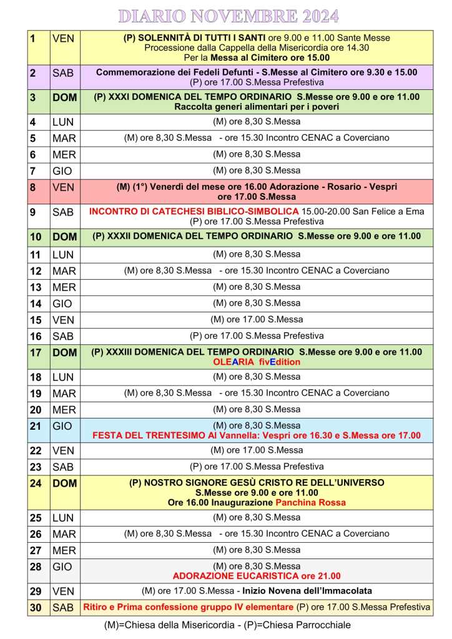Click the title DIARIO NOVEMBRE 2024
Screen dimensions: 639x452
[x=228, y=16]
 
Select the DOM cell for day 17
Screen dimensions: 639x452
[x=65, y=353]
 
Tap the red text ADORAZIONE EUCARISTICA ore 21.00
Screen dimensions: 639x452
[x=257, y=576]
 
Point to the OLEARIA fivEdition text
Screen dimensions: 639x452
[x=257, y=362]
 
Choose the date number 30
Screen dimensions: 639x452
[x=36, y=607]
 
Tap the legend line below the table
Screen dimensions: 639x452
[x=227, y=625]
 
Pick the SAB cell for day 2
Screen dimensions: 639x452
[x=63, y=73]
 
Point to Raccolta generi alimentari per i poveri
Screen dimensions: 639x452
[x=257, y=106]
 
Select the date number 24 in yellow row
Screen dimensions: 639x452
[x=36, y=483]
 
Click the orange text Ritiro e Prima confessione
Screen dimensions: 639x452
[x=188, y=607]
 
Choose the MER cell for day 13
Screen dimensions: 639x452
[x=64, y=287]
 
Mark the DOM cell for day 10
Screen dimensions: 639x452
[x=65, y=237]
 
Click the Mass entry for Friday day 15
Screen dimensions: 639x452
[x=257, y=319]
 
